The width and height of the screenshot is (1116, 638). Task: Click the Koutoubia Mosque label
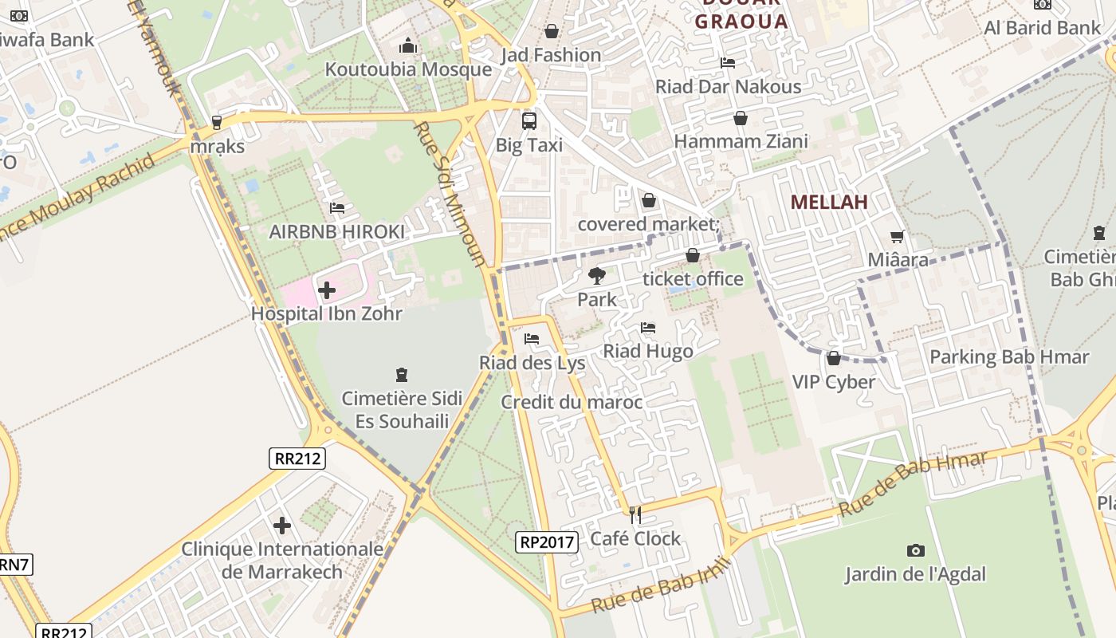tap(408, 69)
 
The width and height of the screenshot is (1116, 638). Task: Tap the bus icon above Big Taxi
tap(529, 121)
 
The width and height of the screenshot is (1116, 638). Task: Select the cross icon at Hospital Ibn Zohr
tap(327, 290)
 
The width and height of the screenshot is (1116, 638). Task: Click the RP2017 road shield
tap(546, 542)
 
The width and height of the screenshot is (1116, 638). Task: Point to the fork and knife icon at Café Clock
tap(635, 515)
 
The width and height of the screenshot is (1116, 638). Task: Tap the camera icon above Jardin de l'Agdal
tap(916, 550)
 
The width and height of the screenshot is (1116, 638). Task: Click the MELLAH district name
tap(829, 203)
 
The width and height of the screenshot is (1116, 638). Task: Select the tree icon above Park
tap(596, 277)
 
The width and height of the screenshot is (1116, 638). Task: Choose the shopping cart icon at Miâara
tap(898, 236)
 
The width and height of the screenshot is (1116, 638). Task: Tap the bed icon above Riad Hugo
tap(648, 328)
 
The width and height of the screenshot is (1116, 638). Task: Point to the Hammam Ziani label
tap(741, 142)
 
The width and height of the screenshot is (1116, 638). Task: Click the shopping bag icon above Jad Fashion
tap(551, 32)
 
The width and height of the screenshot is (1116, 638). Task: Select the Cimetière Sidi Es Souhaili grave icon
tap(402, 374)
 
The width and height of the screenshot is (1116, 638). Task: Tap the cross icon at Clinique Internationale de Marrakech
tap(282, 526)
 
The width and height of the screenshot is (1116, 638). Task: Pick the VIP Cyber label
tap(834, 382)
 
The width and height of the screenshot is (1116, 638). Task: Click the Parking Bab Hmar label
tap(1009, 356)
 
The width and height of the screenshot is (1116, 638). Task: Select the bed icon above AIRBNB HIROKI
tap(337, 208)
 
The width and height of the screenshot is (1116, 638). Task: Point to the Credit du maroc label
tap(572, 402)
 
